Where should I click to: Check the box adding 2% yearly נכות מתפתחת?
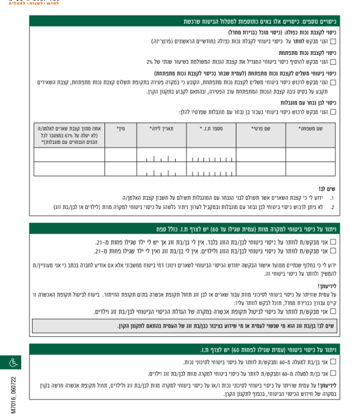tap(333, 62)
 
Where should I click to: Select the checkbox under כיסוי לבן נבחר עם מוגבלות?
tap(333, 111)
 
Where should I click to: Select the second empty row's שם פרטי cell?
tap(261, 169)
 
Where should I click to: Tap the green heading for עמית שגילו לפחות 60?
tap(259, 350)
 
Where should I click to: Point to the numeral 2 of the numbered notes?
tap(332, 207)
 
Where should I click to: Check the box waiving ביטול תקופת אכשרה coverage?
tap(333, 312)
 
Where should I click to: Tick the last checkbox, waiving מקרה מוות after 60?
tap(333, 373)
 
